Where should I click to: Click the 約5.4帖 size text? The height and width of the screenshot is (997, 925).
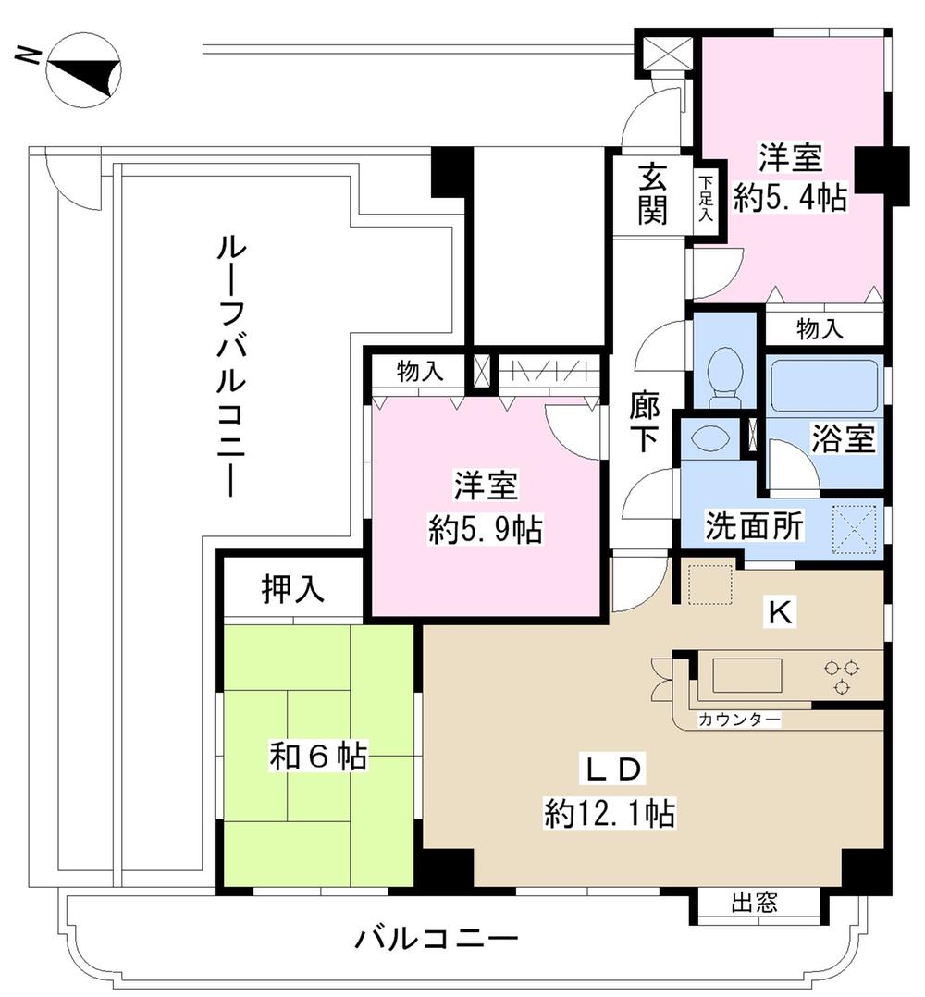790,198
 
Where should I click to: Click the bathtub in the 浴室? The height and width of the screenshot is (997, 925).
823,385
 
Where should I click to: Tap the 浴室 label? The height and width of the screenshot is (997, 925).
843,439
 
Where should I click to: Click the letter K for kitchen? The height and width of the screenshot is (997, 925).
780,611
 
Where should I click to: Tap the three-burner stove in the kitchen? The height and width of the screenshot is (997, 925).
841,674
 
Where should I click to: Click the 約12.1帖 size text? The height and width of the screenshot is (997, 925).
609,814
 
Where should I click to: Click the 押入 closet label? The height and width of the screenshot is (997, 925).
292,590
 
